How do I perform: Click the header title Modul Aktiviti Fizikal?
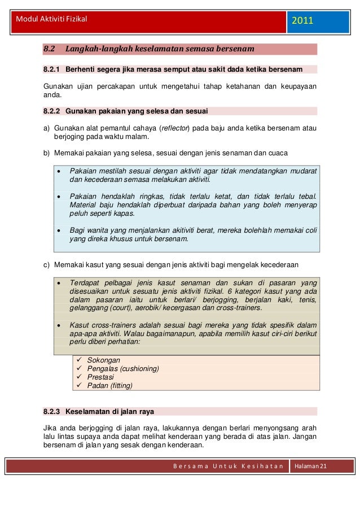[49, 19]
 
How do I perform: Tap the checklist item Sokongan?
[104, 360]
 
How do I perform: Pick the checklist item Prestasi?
[100, 377]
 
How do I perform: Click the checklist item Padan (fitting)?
[109, 386]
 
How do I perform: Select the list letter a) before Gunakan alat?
[47, 128]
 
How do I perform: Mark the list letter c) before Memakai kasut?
[47, 264]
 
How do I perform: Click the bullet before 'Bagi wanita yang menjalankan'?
[59, 230]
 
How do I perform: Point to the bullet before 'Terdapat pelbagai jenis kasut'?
[59, 283]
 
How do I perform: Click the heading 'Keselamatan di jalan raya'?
[109, 412]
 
